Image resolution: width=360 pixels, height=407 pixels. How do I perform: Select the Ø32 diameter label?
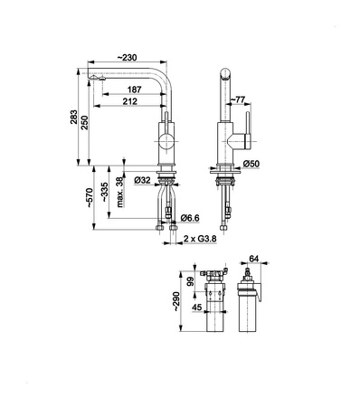141,181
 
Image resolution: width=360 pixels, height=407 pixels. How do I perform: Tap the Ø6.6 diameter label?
190,218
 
